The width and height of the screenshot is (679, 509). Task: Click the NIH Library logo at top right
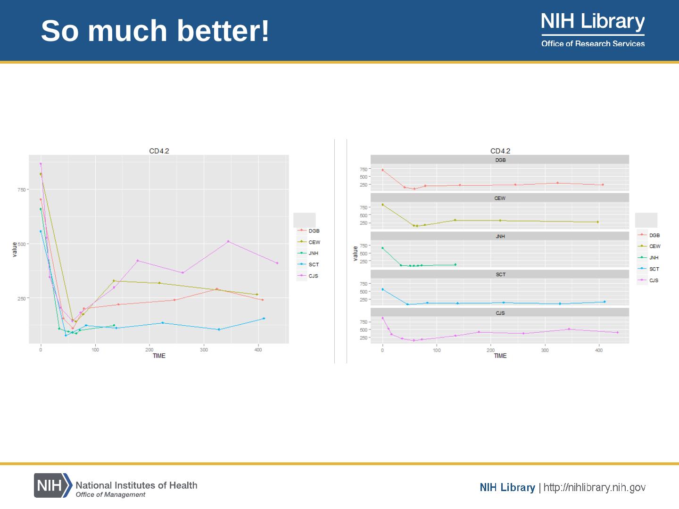coord(593,29)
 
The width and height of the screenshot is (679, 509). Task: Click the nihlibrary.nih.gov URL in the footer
coord(594,487)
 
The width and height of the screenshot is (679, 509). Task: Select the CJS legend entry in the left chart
coord(313,276)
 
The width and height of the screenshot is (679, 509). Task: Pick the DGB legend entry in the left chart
coord(314,231)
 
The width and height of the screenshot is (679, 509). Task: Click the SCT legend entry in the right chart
coord(654,269)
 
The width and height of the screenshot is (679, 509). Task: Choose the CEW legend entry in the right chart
coord(654,246)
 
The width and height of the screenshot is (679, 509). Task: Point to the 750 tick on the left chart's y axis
coord(22,189)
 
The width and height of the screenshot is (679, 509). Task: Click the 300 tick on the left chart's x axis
coord(204,350)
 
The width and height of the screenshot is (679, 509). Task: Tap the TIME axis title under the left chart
coord(159,356)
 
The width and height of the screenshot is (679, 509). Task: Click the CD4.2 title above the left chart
coord(159,151)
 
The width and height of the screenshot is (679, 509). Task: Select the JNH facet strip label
coord(500,237)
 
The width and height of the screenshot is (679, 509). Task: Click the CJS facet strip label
coord(500,313)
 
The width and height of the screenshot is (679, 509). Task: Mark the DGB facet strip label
coord(500,160)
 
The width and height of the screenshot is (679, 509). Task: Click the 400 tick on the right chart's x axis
coord(599,350)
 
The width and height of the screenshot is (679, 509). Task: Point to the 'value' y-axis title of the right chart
coord(355,253)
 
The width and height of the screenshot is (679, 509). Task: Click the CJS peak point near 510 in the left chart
coord(228,241)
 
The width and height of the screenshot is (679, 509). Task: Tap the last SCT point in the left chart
coord(264,319)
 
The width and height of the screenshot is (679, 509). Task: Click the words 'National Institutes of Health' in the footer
coord(136,485)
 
